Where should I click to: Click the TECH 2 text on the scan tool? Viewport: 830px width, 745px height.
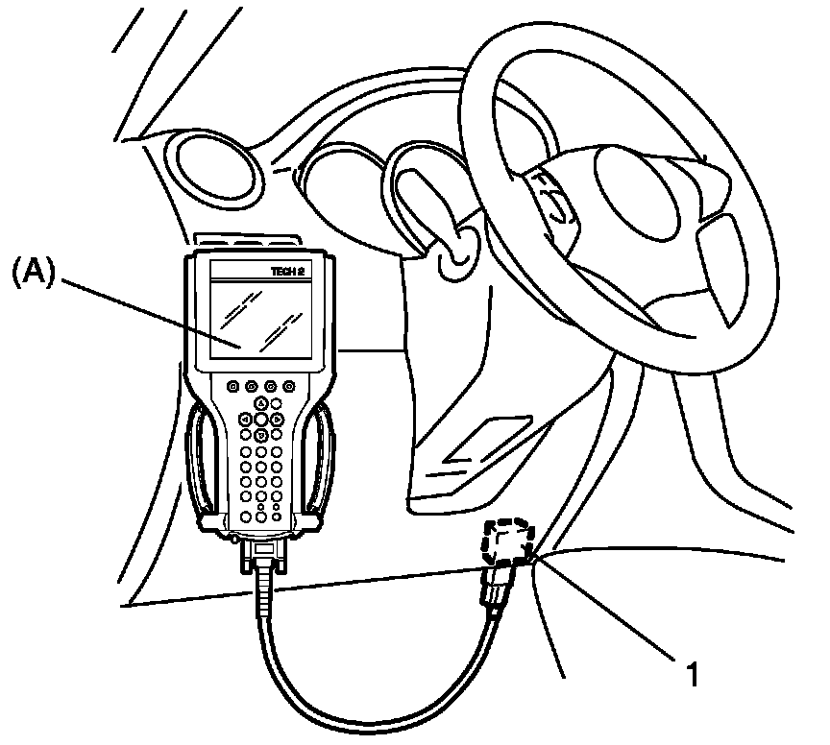tap(289, 272)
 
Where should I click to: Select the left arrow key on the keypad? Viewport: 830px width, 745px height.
tap(245, 420)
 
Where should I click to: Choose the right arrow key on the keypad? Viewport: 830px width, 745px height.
tap(277, 420)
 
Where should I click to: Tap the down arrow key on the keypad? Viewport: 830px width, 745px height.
tap(261, 435)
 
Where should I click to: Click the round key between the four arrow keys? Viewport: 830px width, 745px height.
tap(261, 420)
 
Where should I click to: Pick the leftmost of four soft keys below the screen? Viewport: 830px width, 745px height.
tap(232, 386)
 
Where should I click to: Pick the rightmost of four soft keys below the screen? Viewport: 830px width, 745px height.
tap(288, 386)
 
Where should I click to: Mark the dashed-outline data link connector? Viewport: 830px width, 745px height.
tap(508, 542)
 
